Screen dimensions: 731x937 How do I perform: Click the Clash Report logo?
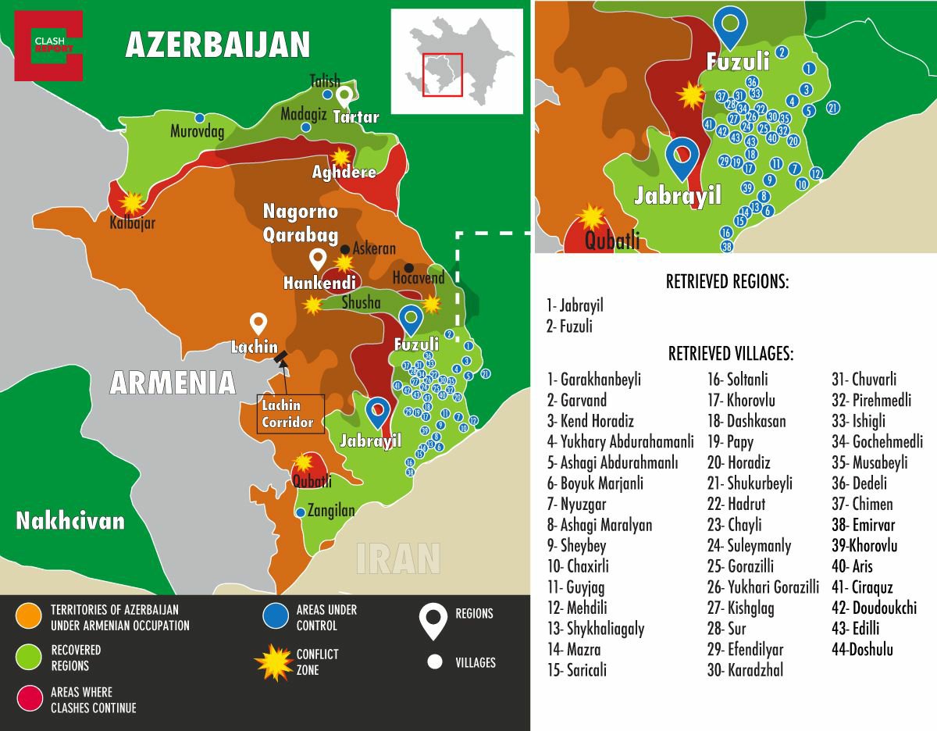[48, 45]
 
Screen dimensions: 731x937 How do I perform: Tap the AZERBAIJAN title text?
[218, 45]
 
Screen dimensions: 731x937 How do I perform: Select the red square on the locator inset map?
[443, 74]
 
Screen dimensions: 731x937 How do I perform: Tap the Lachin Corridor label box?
[290, 414]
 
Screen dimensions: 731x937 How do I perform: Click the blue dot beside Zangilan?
[301, 512]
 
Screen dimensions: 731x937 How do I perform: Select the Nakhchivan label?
[70, 521]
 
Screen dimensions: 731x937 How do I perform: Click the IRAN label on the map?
[398, 558]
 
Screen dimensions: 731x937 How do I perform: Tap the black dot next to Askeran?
[344, 250]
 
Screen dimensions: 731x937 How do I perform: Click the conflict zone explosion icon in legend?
[274, 662]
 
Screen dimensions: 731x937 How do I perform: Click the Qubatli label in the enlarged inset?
[612, 240]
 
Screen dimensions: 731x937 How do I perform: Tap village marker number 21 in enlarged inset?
[833, 108]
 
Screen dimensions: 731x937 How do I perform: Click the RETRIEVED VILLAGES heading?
[730, 354]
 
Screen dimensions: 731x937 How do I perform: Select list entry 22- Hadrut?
[736, 504]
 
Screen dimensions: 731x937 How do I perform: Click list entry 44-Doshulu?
[862, 649]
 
